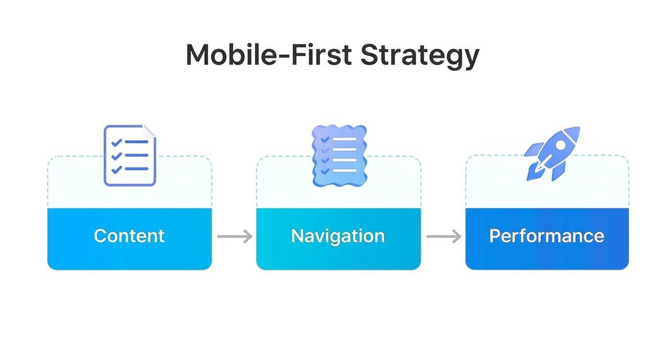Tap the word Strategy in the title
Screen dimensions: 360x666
pos(419,56)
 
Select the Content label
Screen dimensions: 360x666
pos(129,236)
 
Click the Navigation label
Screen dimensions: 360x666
pos(338,236)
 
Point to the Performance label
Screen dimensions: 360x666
pos(546,236)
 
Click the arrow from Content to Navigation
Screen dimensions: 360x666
pos(234,236)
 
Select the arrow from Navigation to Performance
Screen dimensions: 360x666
pos(444,236)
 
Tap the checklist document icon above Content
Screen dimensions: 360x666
pos(130,155)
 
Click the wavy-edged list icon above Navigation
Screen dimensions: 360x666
pos(339,155)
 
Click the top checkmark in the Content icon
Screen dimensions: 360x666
pos(116,143)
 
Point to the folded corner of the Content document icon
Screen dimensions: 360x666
pos(149,130)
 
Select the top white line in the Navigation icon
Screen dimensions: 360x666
pos(344,139)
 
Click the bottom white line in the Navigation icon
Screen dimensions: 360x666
pos(344,170)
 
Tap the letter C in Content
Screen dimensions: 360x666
pos(100,236)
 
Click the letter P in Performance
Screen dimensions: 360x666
pos(495,236)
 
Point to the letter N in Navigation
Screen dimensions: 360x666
pos(298,236)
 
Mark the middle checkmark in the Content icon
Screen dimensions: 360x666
pos(116,156)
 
